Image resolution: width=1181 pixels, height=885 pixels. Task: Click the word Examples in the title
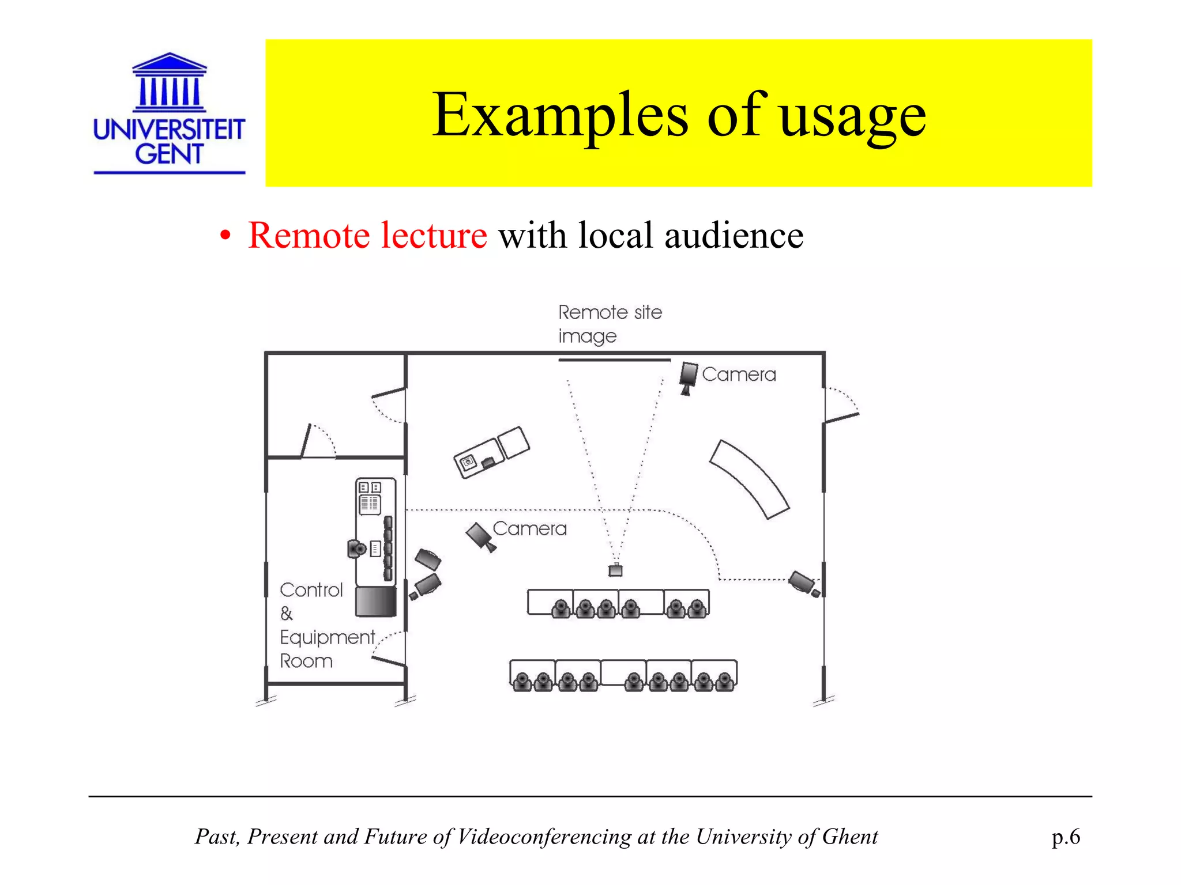(560, 115)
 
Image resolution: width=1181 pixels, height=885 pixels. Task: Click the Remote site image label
(610, 324)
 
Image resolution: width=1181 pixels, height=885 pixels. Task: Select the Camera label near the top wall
(739, 375)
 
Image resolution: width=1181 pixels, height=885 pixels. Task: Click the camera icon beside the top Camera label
(688, 377)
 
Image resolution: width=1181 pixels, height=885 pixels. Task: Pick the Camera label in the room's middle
(529, 528)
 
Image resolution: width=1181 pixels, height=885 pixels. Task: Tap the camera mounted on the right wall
(804, 583)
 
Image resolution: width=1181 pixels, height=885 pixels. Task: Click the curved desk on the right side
(749, 479)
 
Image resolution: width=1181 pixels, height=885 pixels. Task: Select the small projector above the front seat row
(616, 570)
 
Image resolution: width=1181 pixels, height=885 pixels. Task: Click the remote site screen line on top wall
(614, 360)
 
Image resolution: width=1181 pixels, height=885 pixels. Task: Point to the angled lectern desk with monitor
(491, 453)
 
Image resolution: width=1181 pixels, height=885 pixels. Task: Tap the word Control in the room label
(311, 590)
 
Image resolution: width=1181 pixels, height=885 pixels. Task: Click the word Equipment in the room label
(327, 637)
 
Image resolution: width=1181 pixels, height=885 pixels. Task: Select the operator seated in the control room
(357, 548)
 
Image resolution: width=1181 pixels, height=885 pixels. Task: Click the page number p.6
(1066, 837)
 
